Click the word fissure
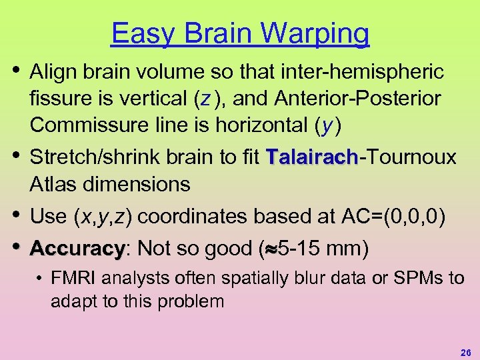point(57,99)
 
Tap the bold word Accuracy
point(76,249)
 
